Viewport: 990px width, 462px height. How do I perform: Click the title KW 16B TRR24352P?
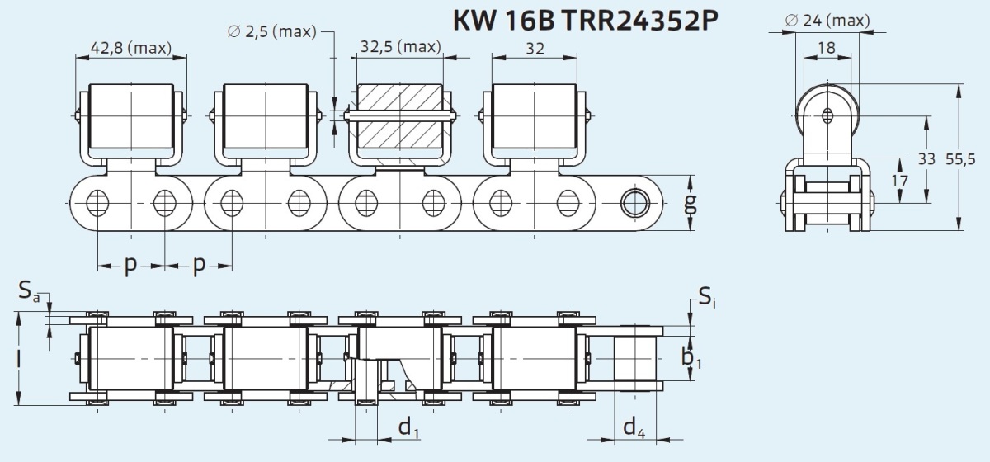(586, 21)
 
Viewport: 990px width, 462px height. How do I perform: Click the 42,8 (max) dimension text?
(131, 48)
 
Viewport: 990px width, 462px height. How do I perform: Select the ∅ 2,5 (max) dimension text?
(271, 32)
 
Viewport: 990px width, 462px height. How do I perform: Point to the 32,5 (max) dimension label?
(401, 46)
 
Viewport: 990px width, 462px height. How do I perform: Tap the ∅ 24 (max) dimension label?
(827, 21)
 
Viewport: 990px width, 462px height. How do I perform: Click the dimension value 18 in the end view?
(827, 47)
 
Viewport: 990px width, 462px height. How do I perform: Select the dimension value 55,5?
(960, 158)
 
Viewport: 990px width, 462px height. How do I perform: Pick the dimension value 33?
(926, 158)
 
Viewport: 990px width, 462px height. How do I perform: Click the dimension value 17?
(899, 181)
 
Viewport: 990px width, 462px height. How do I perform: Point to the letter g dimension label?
(690, 205)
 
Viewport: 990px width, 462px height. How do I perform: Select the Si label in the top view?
(707, 297)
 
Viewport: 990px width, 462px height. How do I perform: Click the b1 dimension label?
(691, 357)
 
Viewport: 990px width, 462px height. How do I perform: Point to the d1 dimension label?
(409, 427)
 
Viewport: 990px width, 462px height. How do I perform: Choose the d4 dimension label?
(634, 427)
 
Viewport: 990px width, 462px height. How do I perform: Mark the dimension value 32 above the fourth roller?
(535, 48)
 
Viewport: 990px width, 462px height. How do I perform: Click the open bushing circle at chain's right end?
(634, 203)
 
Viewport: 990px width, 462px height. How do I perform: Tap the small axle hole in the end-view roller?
(827, 115)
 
